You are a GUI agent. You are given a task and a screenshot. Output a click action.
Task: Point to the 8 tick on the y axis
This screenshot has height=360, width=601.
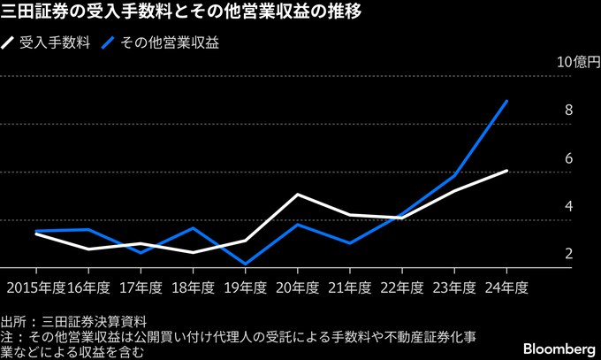[x=568, y=111]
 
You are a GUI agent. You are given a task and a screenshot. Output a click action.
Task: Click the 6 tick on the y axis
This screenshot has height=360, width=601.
[x=568, y=158]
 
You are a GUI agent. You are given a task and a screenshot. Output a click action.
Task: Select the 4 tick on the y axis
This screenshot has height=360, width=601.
[x=568, y=206]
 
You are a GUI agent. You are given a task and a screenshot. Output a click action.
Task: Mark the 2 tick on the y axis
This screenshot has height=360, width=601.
[x=568, y=254]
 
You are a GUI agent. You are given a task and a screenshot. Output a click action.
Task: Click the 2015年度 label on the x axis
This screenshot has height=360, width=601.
[x=35, y=287]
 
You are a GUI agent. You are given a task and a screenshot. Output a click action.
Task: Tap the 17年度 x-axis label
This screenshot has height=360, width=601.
[x=141, y=287]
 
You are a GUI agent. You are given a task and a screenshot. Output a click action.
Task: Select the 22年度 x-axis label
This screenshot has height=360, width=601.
[x=402, y=287]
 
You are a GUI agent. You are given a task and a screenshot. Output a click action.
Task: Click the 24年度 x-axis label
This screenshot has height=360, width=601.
[x=506, y=287]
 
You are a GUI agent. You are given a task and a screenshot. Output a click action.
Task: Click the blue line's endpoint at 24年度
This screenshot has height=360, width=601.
[x=506, y=101]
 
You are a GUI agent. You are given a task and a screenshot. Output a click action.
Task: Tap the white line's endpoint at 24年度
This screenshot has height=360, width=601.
[x=506, y=171]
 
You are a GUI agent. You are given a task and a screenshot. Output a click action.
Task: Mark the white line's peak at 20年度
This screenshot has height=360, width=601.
[x=297, y=195]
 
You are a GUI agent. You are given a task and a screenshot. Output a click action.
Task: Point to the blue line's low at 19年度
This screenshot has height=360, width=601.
[x=245, y=264]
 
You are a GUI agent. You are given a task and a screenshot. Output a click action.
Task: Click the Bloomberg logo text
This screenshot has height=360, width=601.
[x=554, y=344]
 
